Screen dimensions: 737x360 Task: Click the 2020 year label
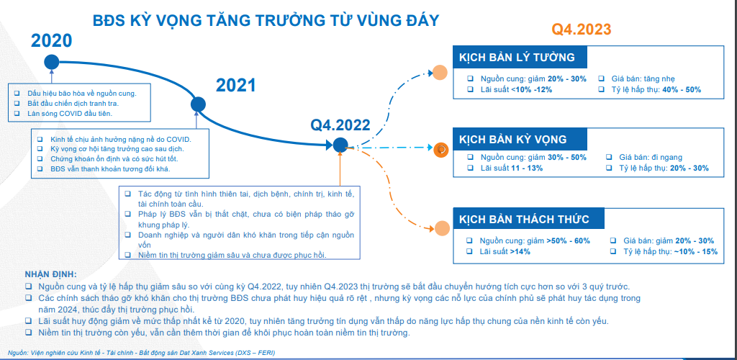(51, 41)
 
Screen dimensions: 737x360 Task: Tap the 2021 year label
(235, 86)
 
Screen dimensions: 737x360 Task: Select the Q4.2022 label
(340, 125)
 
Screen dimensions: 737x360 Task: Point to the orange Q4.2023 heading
(582, 30)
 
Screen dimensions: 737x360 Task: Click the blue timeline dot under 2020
(52, 62)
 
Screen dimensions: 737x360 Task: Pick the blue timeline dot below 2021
(199, 104)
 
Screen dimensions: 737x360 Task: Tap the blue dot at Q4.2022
(340, 145)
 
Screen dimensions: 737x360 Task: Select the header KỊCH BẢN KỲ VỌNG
(512, 140)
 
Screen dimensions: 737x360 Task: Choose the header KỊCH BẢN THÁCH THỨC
(524, 220)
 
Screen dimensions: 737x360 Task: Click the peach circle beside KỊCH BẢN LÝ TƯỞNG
(440, 73)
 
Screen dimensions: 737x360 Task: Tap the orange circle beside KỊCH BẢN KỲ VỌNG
(441, 150)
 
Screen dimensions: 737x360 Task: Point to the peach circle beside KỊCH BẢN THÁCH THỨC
(442, 228)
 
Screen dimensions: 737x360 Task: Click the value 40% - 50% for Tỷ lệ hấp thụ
(682, 90)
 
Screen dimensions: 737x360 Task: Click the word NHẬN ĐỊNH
(50, 274)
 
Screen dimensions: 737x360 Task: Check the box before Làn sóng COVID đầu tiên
(17, 113)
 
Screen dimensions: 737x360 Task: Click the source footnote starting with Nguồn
(142, 352)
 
